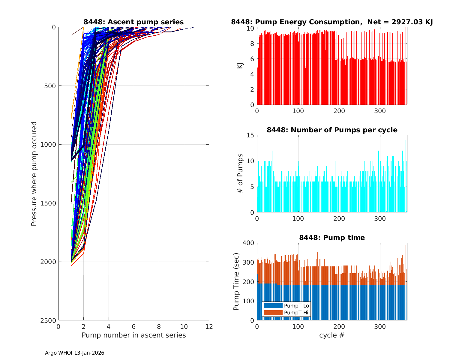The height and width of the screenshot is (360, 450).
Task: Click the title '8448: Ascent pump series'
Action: tap(133, 22)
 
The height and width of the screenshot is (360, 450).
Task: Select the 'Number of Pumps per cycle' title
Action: tap(332, 130)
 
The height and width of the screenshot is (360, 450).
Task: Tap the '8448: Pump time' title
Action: tap(332, 238)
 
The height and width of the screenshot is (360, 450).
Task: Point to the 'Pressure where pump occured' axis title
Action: tap(34, 174)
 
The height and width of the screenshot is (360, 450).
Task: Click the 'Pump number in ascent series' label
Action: tap(133, 335)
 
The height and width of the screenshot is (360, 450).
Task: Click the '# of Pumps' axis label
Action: tap(240, 173)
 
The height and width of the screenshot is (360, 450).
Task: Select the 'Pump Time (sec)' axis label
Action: tap(236, 282)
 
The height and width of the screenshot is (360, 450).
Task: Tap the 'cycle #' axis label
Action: tap(332, 335)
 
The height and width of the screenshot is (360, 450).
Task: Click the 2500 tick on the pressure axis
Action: tap(49, 320)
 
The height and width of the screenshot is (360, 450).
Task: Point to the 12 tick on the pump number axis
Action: tap(209, 327)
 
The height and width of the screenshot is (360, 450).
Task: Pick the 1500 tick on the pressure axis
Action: tap(49, 203)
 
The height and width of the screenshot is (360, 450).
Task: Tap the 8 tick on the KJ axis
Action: tap(252, 43)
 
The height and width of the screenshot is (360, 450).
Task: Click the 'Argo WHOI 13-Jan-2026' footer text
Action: tap(75, 353)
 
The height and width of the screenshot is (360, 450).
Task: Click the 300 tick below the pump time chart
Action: tap(380, 327)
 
